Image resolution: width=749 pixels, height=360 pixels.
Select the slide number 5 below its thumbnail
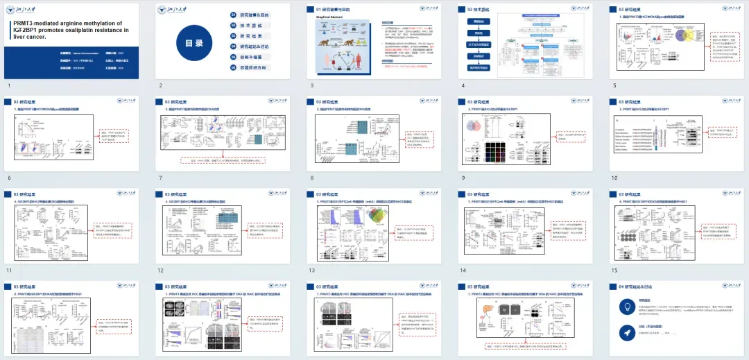[614, 86]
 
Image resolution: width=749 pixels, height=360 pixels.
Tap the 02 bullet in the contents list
[234, 24]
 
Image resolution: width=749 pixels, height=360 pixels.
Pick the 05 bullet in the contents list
[234, 58]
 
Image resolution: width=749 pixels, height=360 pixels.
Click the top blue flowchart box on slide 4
[478, 22]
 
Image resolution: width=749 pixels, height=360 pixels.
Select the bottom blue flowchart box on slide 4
[478, 67]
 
